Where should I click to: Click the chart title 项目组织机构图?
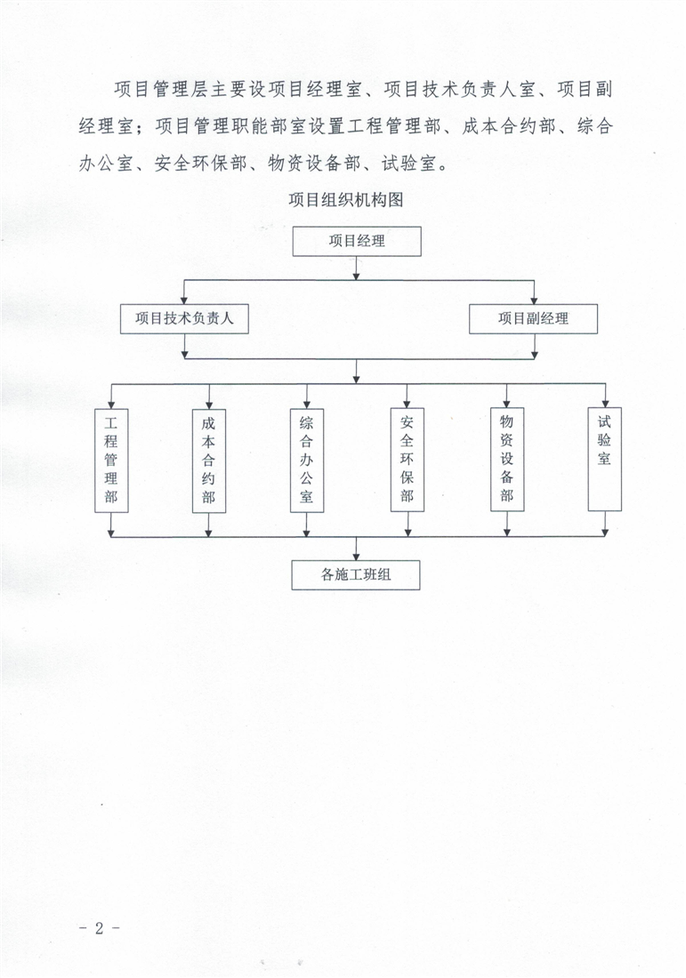[346, 200]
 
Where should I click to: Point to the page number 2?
[100, 928]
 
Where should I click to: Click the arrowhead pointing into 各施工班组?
[356, 557]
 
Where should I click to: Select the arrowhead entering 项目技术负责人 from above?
[184, 300]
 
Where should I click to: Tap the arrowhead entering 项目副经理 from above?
[534, 300]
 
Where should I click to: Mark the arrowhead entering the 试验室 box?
[605, 404]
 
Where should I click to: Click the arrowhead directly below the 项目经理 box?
[357, 276]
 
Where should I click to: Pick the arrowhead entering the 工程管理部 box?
[111, 405]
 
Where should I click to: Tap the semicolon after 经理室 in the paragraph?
[143, 129]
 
